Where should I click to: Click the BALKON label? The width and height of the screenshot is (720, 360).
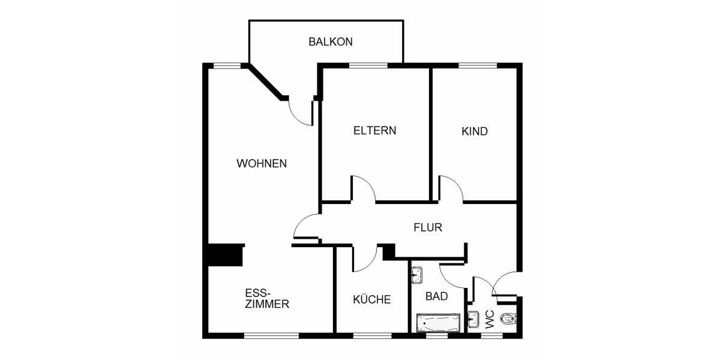tap(330, 42)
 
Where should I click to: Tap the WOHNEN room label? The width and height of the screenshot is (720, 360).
tap(262, 163)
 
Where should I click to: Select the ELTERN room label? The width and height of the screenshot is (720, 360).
tap(374, 130)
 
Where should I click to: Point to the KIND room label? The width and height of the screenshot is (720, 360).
tap(475, 131)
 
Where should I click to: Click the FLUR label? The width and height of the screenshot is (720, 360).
tap(428, 227)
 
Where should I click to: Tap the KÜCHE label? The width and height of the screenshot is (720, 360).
tap(372, 299)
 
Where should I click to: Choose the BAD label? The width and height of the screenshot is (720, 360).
tap(437, 296)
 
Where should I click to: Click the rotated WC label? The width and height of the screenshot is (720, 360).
tap(489, 319)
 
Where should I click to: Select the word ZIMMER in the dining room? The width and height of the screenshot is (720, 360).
tap(267, 304)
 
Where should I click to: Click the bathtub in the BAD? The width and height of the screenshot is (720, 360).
tap(438, 323)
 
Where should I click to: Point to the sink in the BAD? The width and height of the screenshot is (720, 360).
tap(416, 275)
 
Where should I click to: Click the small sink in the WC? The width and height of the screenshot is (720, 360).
tap(472, 318)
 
